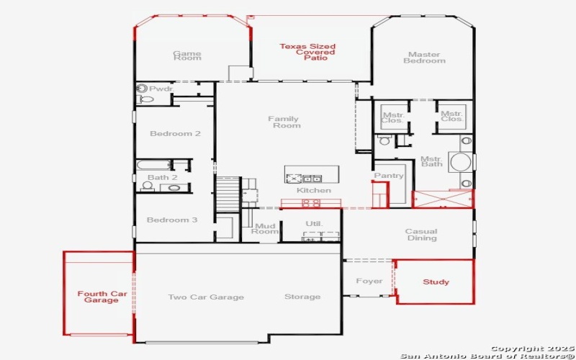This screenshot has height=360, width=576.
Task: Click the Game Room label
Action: pos(187,56)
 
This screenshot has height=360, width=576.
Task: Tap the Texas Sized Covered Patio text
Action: pos(307,52)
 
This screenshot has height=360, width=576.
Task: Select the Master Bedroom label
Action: pos(424,58)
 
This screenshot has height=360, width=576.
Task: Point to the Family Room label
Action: pos(284,122)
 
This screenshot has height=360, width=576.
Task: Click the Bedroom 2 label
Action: pos(175,134)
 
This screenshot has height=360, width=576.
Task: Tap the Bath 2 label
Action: pos(162,178)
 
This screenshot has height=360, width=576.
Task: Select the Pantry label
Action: pos(389,176)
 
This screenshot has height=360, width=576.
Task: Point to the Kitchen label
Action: pos(314,190)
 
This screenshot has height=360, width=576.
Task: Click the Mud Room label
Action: pos(266,229)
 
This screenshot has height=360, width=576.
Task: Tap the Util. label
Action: pos(314,224)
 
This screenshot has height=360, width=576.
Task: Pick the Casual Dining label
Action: pos(421,235)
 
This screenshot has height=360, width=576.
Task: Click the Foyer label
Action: pos(369,282)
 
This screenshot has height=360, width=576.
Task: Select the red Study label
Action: pos(436,282)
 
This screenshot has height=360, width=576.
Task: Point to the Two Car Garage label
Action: pos(206,297)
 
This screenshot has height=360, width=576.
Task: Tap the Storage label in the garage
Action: pos(302,297)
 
